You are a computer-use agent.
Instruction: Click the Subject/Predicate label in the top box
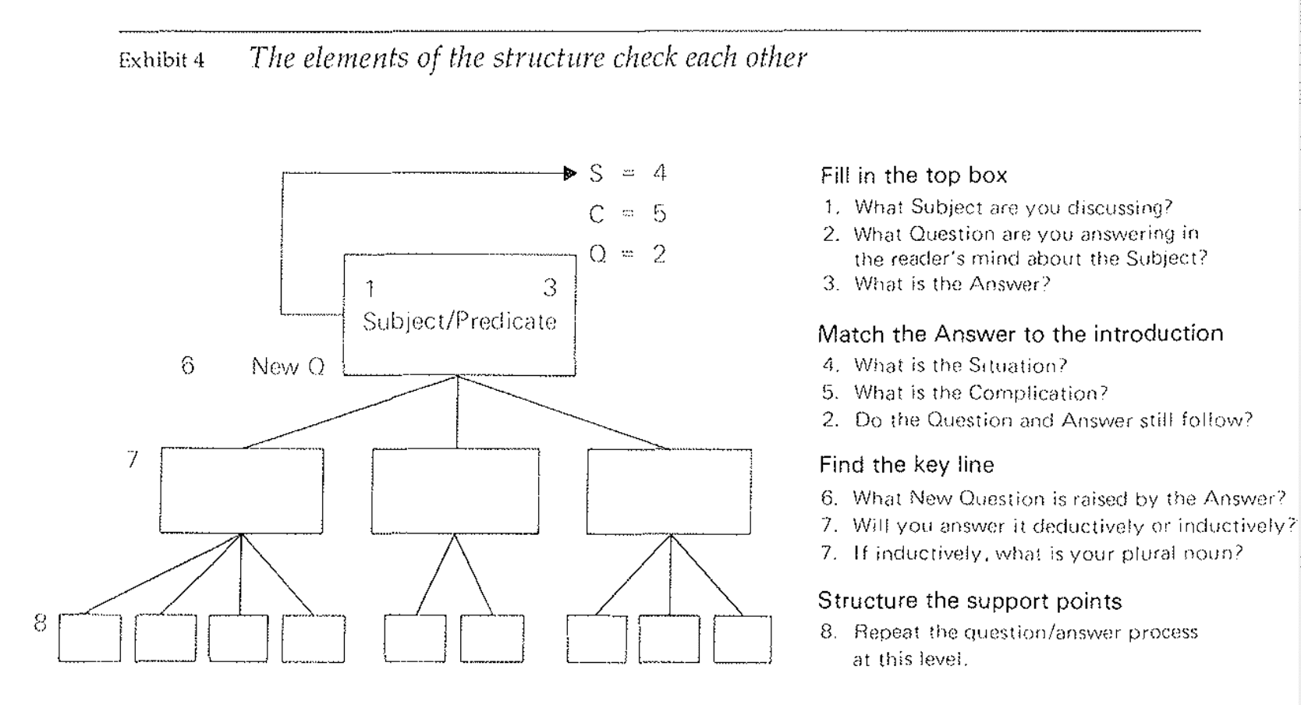459,321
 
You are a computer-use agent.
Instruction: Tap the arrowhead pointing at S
571,173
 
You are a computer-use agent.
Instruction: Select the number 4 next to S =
660,173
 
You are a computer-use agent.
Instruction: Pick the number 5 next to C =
660,214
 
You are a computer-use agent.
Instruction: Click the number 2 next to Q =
660,254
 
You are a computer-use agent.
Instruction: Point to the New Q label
288,367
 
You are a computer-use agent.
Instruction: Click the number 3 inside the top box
550,289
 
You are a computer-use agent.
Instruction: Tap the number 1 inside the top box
370,289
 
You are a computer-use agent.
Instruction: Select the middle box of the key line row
456,491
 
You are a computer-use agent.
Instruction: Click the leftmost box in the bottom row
90,639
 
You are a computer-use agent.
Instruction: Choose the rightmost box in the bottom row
743,639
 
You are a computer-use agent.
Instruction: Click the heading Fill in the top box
913,175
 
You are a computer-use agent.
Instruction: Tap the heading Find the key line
906,466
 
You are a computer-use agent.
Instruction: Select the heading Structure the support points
970,601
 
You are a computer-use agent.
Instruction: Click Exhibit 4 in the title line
161,61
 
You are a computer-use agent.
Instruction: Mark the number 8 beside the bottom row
41,623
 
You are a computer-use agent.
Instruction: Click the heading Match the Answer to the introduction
1020,335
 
